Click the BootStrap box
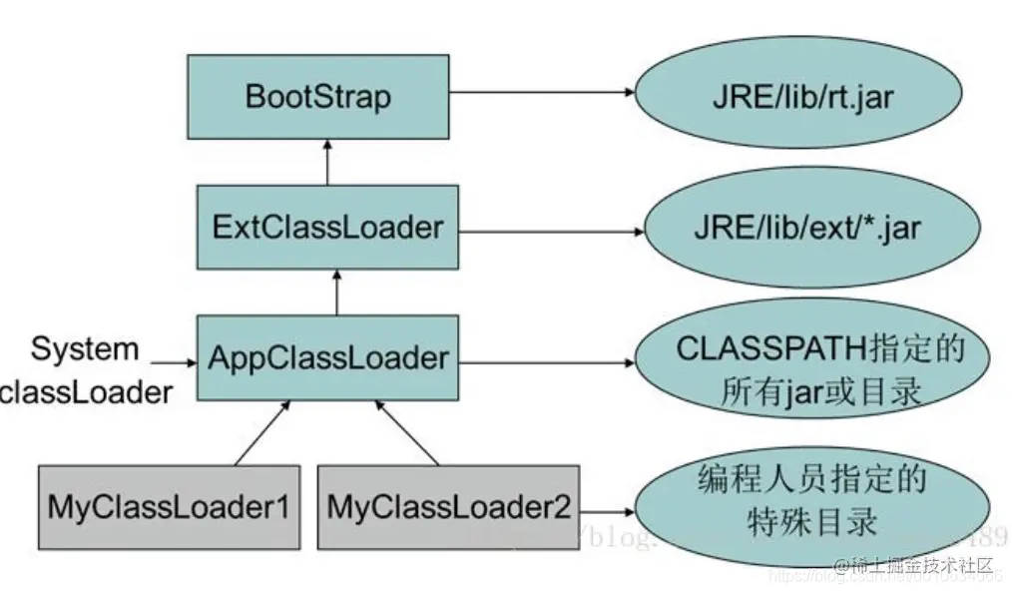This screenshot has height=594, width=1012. (x=318, y=97)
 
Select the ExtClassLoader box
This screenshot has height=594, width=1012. (x=327, y=227)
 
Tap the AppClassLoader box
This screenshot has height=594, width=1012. (x=328, y=356)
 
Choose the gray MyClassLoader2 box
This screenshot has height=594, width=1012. (x=448, y=505)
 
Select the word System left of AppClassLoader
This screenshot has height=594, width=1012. (x=84, y=349)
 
